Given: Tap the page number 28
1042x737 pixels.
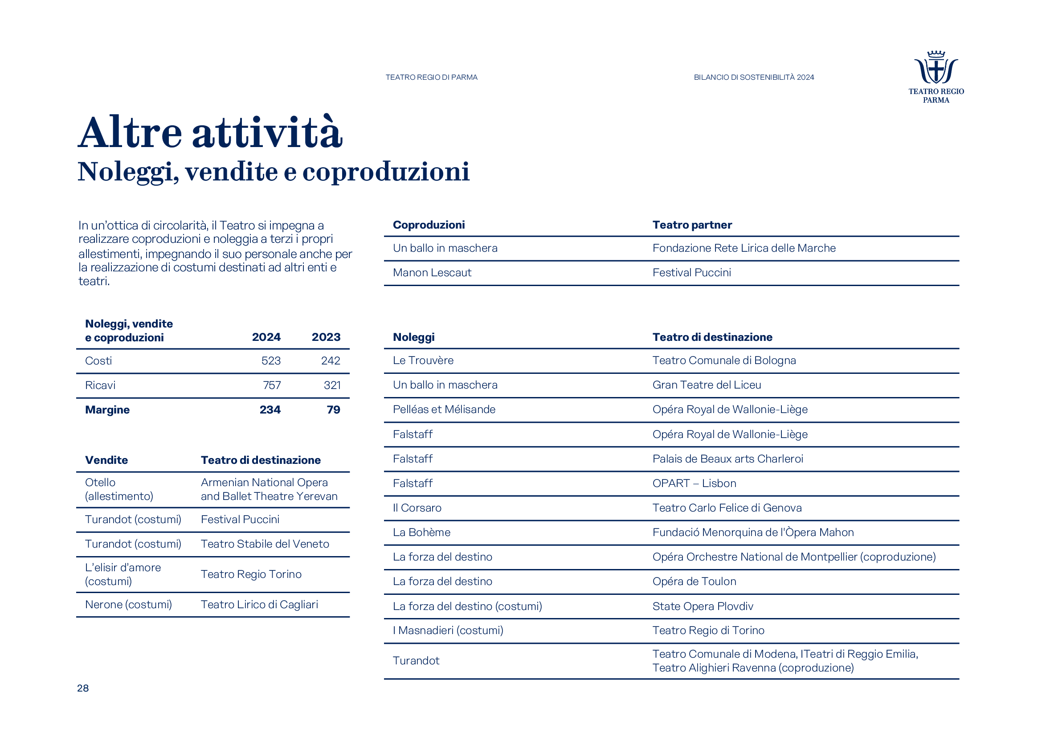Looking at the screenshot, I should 82,688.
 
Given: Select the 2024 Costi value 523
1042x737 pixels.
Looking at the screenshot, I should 271,361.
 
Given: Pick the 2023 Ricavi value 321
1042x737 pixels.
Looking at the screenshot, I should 332,385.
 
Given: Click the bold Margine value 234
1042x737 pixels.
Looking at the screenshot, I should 270,410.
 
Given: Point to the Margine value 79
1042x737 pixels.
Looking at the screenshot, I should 333,410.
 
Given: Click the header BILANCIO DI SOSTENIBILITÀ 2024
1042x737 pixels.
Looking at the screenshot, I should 753,77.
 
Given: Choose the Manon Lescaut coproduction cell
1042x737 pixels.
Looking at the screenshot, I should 432,273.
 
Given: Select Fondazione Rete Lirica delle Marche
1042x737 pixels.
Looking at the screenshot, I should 744,248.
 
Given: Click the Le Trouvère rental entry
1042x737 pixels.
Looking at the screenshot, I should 423,360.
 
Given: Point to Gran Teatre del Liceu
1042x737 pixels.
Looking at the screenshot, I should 706,385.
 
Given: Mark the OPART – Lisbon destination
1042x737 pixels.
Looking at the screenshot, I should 694,483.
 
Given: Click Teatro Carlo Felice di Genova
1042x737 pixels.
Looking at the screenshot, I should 727,508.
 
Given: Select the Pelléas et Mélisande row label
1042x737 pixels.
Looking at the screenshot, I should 444,409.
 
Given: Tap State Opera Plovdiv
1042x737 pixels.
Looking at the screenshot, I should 703,606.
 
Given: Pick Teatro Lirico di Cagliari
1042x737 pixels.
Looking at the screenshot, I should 259,605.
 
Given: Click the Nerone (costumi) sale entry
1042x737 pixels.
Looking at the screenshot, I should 128,605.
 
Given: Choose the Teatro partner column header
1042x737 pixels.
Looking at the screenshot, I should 692,225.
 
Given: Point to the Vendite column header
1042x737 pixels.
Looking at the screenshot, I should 106,460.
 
